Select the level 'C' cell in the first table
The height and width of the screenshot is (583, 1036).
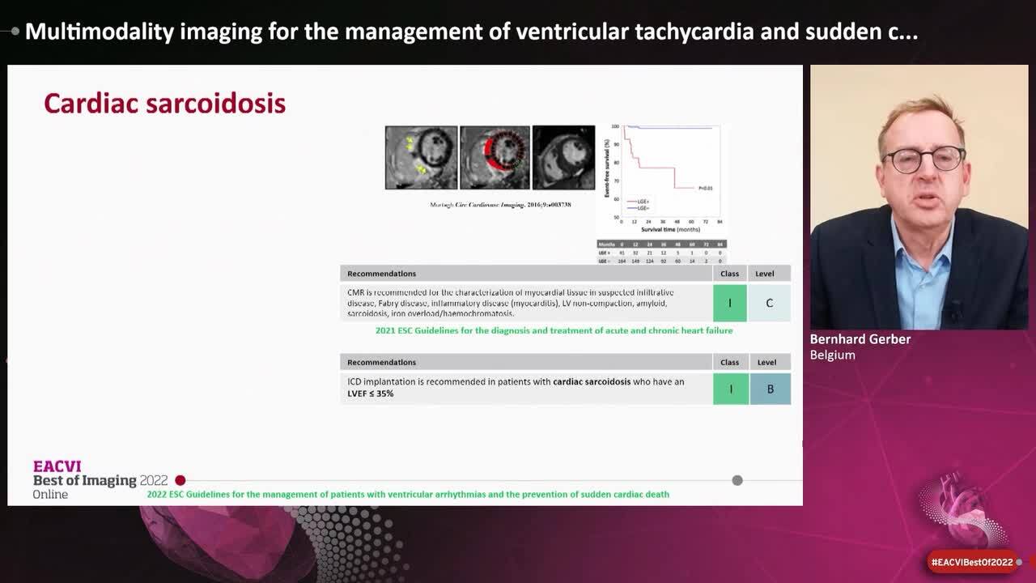point(769,303)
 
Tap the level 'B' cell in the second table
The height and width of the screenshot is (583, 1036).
point(770,389)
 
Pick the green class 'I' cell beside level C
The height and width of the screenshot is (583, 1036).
point(729,303)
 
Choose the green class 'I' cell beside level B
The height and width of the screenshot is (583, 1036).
point(730,389)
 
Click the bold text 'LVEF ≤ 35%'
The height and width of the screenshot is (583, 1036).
point(371,394)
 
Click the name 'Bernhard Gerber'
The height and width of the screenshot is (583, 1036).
point(860,339)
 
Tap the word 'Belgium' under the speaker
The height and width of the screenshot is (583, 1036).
point(832,355)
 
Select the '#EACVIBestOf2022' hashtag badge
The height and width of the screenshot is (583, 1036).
point(971,562)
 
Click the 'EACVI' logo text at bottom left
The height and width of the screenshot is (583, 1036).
point(57,466)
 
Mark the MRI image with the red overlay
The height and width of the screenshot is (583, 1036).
point(495,157)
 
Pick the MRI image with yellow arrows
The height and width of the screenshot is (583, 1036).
point(421,157)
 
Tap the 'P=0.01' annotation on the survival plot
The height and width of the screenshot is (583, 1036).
point(705,188)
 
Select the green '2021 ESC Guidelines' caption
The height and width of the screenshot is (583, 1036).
point(554,330)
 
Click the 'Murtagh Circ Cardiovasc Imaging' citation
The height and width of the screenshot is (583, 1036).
point(500,205)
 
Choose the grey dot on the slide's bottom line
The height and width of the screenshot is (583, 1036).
point(737,480)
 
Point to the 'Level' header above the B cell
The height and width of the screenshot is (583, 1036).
point(766,362)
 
